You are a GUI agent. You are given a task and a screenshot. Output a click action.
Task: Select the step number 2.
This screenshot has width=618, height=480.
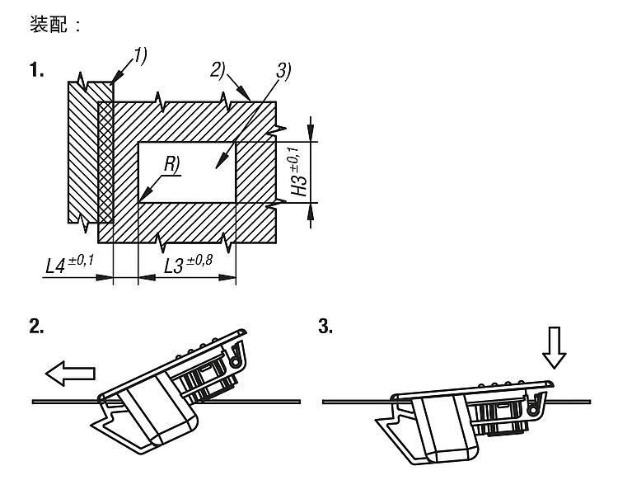tap(36, 327)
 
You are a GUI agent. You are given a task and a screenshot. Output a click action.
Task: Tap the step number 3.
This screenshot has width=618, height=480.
tap(325, 327)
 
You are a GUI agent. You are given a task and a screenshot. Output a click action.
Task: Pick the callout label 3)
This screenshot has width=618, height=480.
tap(283, 72)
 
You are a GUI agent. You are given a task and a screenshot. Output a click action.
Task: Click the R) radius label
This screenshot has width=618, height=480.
tap(172, 164)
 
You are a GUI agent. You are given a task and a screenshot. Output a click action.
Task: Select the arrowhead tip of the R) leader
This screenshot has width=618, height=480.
tap(139, 200)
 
